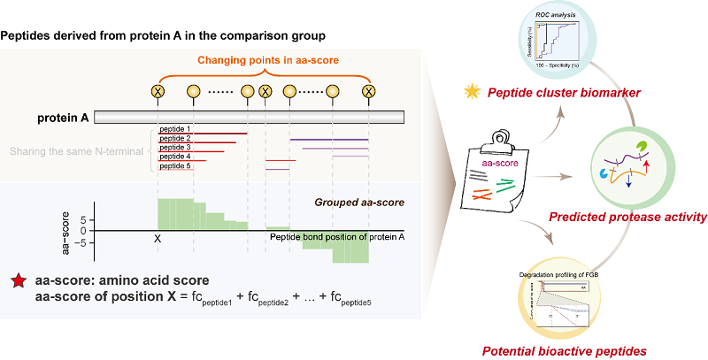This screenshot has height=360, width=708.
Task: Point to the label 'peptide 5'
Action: (x=174, y=166)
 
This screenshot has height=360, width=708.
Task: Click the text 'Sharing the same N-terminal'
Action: (x=76, y=152)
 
